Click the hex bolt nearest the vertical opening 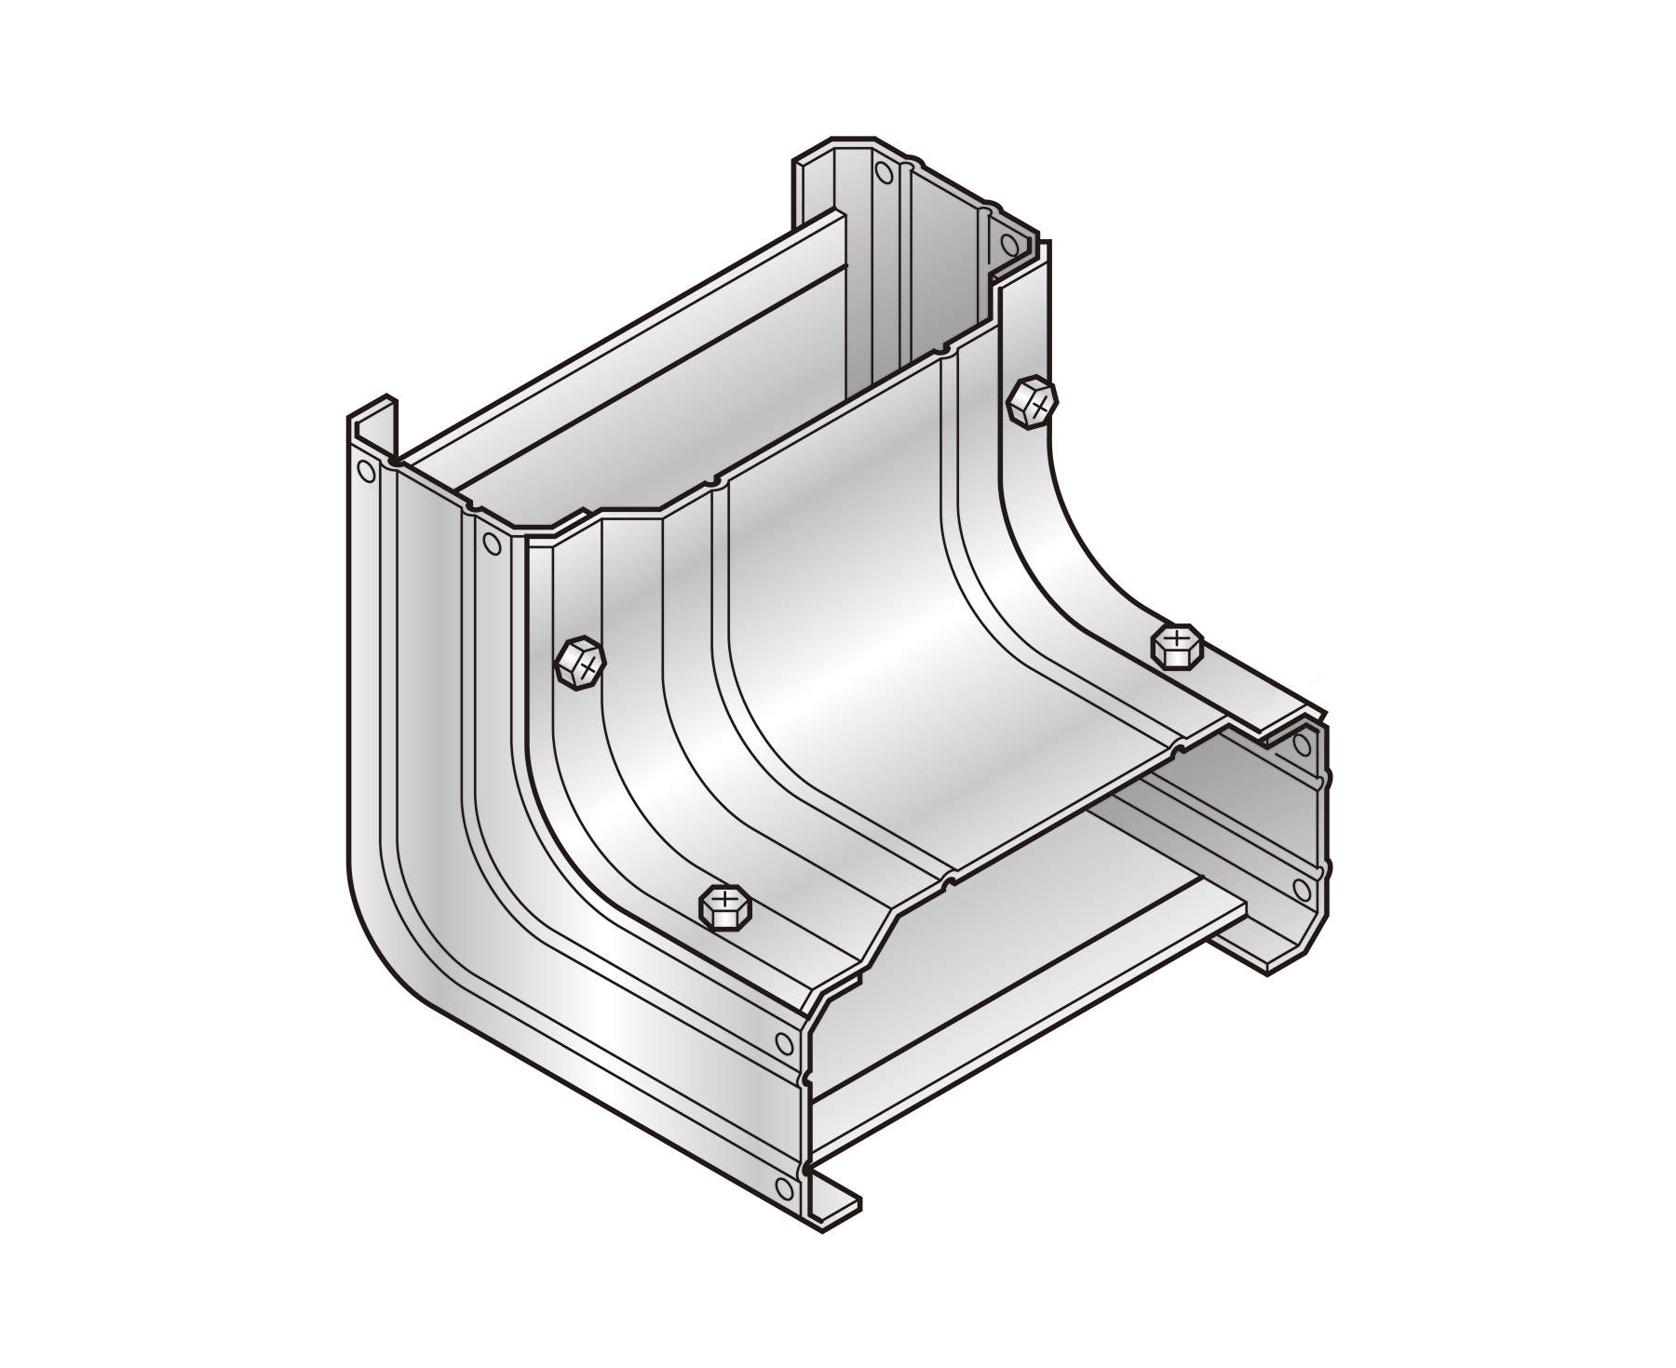pos(1032,402)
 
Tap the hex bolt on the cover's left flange pos(580,664)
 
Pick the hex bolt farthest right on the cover pos(1178,645)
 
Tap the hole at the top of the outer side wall pos(366,472)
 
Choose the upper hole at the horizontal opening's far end pos(1301,744)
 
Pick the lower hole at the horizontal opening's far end pos(1301,885)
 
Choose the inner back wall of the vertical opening pos(940,270)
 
